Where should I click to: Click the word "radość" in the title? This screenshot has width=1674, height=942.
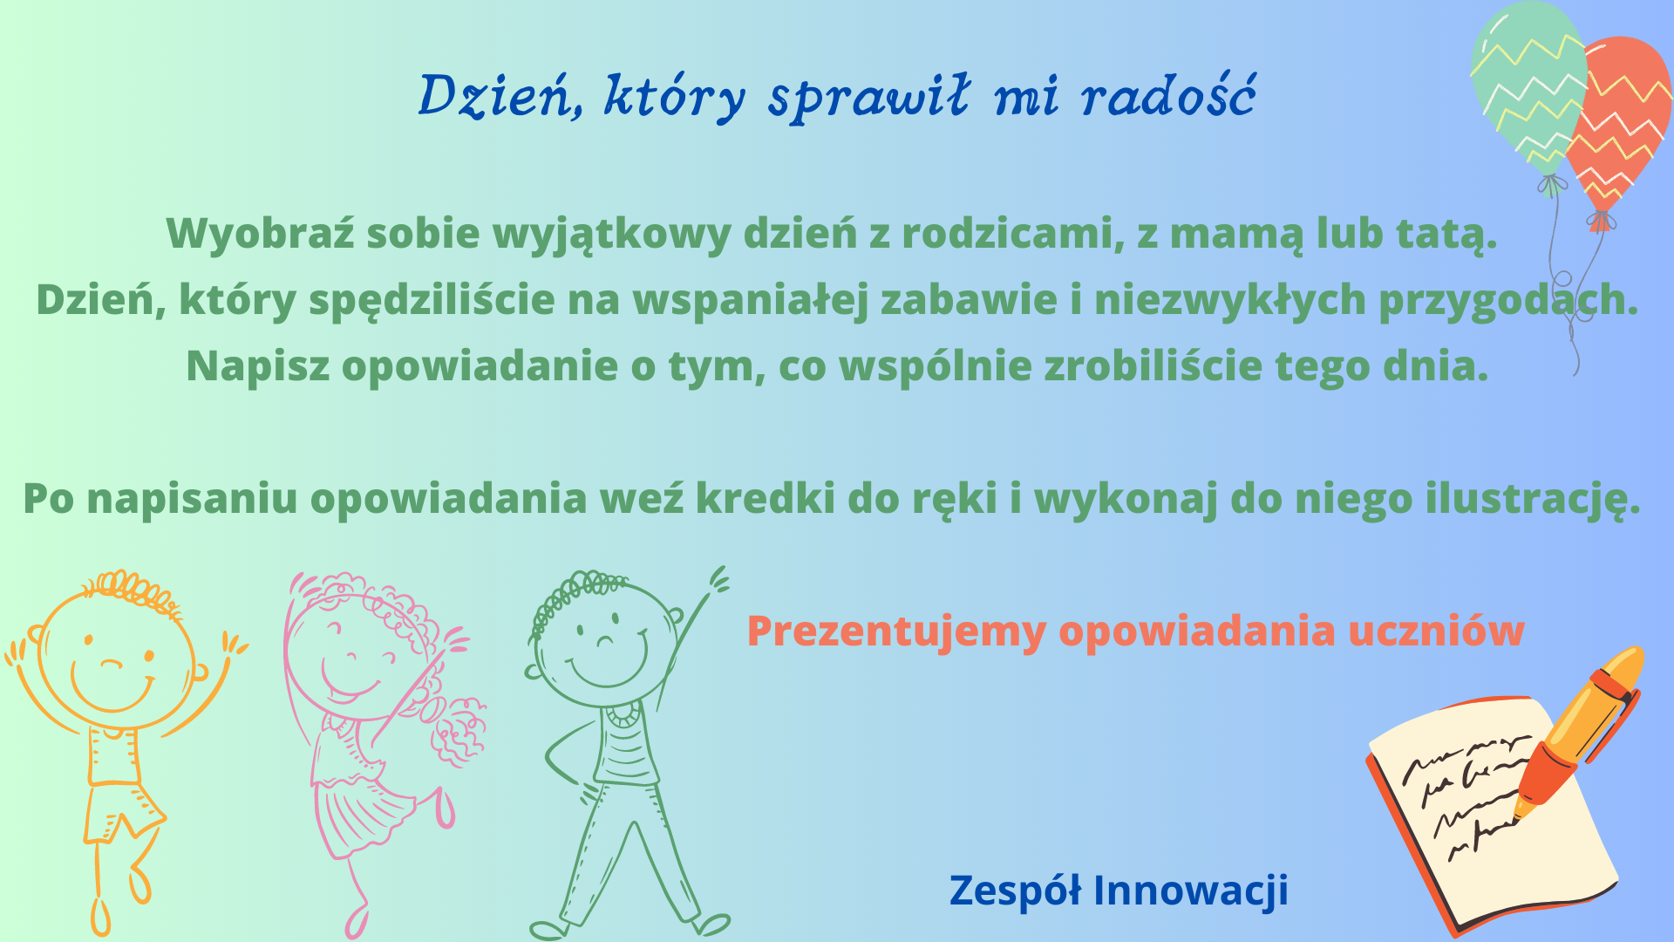tap(1168, 94)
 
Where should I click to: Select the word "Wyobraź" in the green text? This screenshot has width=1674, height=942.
tap(260, 234)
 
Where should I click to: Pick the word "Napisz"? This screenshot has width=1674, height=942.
tap(258, 366)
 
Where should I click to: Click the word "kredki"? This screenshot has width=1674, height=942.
tap(764, 498)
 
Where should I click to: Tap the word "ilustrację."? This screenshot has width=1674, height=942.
tap(1533, 500)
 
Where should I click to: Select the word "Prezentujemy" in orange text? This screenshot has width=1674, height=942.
tap(896, 631)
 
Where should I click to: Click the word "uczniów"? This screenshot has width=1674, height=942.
tap(1436, 631)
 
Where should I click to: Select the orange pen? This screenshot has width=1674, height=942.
tap(1578, 733)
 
